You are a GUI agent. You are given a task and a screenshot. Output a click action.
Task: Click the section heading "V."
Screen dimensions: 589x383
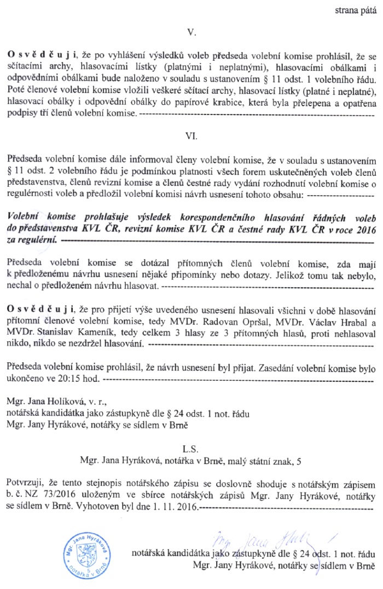pyautogui.click(x=191, y=33)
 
